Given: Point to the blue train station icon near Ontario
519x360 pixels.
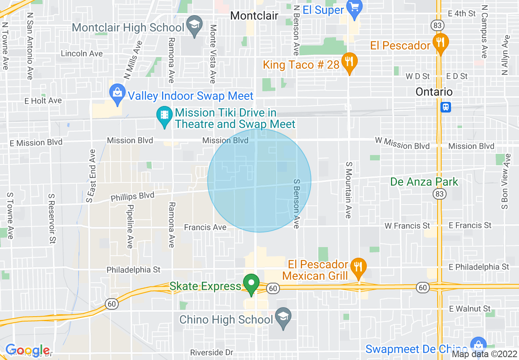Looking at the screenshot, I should [x=445, y=107].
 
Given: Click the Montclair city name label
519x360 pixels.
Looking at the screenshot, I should [x=254, y=16].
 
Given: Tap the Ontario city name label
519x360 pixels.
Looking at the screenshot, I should [x=434, y=92].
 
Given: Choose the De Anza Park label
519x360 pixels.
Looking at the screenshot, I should [x=424, y=182].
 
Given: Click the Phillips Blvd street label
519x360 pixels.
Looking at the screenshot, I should [x=132, y=197].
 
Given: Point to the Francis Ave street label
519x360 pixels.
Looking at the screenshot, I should [x=205, y=227].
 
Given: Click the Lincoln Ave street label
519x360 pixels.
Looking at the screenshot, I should [x=81, y=54].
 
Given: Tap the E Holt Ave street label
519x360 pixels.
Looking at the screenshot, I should [x=43, y=101].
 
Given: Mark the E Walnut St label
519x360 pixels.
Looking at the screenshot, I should [x=469, y=308].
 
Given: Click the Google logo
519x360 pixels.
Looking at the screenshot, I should [x=27, y=350].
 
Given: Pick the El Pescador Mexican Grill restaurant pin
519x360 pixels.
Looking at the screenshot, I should [x=359, y=267].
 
